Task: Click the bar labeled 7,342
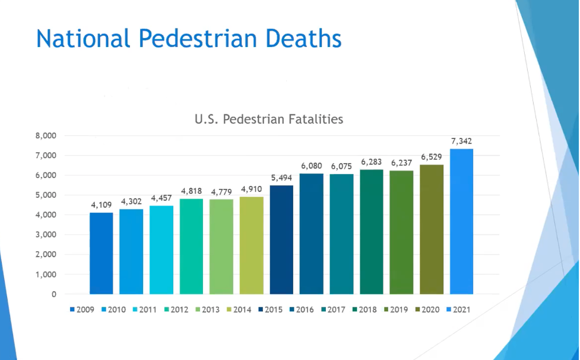pos(461,221)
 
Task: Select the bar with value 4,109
pos(102,253)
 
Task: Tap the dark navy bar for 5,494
pos(281,239)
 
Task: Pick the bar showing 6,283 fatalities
pos(372,232)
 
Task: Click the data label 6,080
pos(312,166)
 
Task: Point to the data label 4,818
pos(192,191)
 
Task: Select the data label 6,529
pos(432,157)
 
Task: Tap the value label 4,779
pos(221,192)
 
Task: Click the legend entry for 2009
pos(83,310)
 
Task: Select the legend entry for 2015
pos(270,310)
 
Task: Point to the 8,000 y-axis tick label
pos(45,135)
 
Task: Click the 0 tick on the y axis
pos(53,294)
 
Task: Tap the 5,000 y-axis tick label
pos(45,195)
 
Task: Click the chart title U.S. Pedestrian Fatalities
pos(269,119)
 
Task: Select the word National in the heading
pos(83,39)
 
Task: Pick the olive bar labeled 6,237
pos(401,232)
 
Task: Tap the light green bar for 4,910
pos(252,245)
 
